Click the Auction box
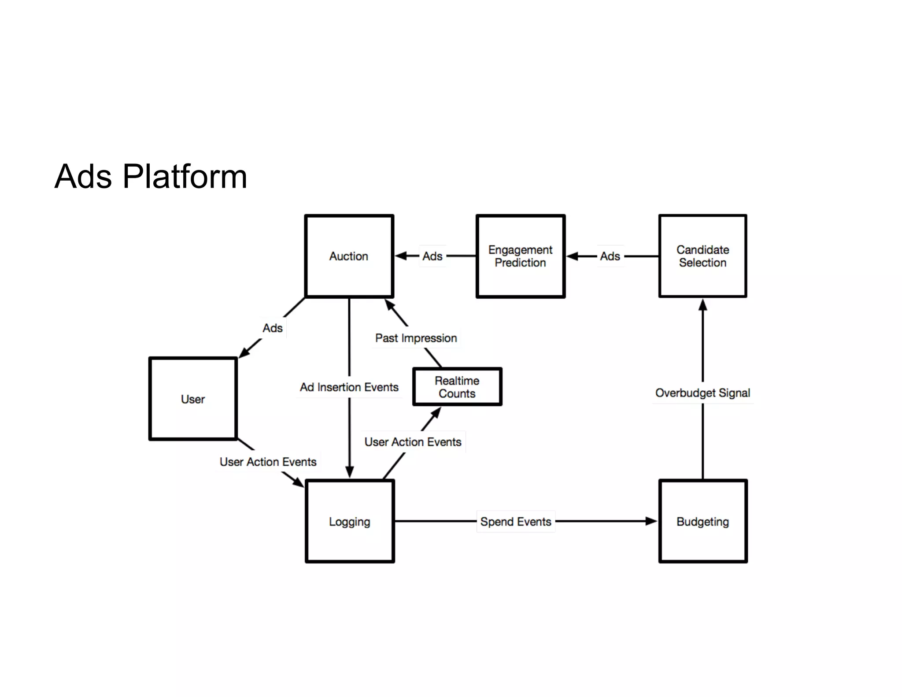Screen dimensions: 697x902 [x=349, y=256]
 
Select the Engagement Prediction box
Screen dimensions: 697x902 [x=520, y=256]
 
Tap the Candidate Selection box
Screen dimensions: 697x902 [x=702, y=256]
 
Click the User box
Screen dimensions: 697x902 [x=193, y=399]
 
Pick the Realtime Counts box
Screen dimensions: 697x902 [x=457, y=387]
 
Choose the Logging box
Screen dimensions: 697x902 [x=349, y=521]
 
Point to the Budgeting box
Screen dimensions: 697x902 [x=702, y=521]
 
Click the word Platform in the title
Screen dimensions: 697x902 [x=185, y=177]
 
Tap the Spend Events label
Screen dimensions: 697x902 [x=516, y=522]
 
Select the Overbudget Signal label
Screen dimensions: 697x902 [x=702, y=393]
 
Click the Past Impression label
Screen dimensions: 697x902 [x=416, y=338]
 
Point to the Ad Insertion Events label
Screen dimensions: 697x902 [x=349, y=387]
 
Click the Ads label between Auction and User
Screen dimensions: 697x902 [x=273, y=328]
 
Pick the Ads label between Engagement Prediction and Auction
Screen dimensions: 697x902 [x=432, y=256]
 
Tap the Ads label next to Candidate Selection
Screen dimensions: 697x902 [x=610, y=256]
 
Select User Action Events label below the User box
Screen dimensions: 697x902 [x=268, y=462]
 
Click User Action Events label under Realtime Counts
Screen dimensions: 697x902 [x=413, y=442]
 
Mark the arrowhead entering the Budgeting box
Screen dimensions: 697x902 [x=651, y=521]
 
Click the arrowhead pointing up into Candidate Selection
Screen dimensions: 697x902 [x=702, y=305]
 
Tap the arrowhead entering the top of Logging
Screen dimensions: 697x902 [x=349, y=472]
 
